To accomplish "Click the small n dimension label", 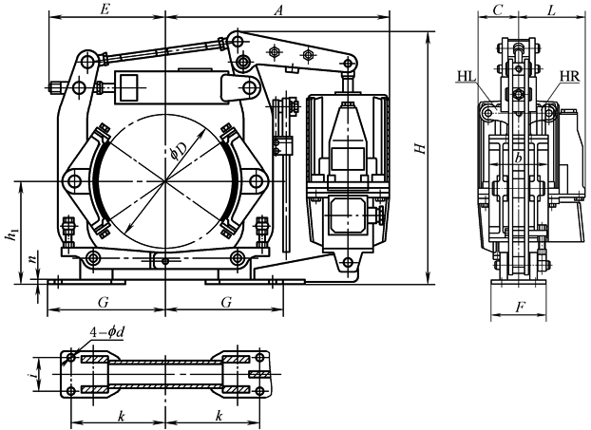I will click(x=31, y=257).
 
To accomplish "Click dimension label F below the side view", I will click(x=519, y=308).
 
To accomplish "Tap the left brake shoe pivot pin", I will click(x=73, y=179).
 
